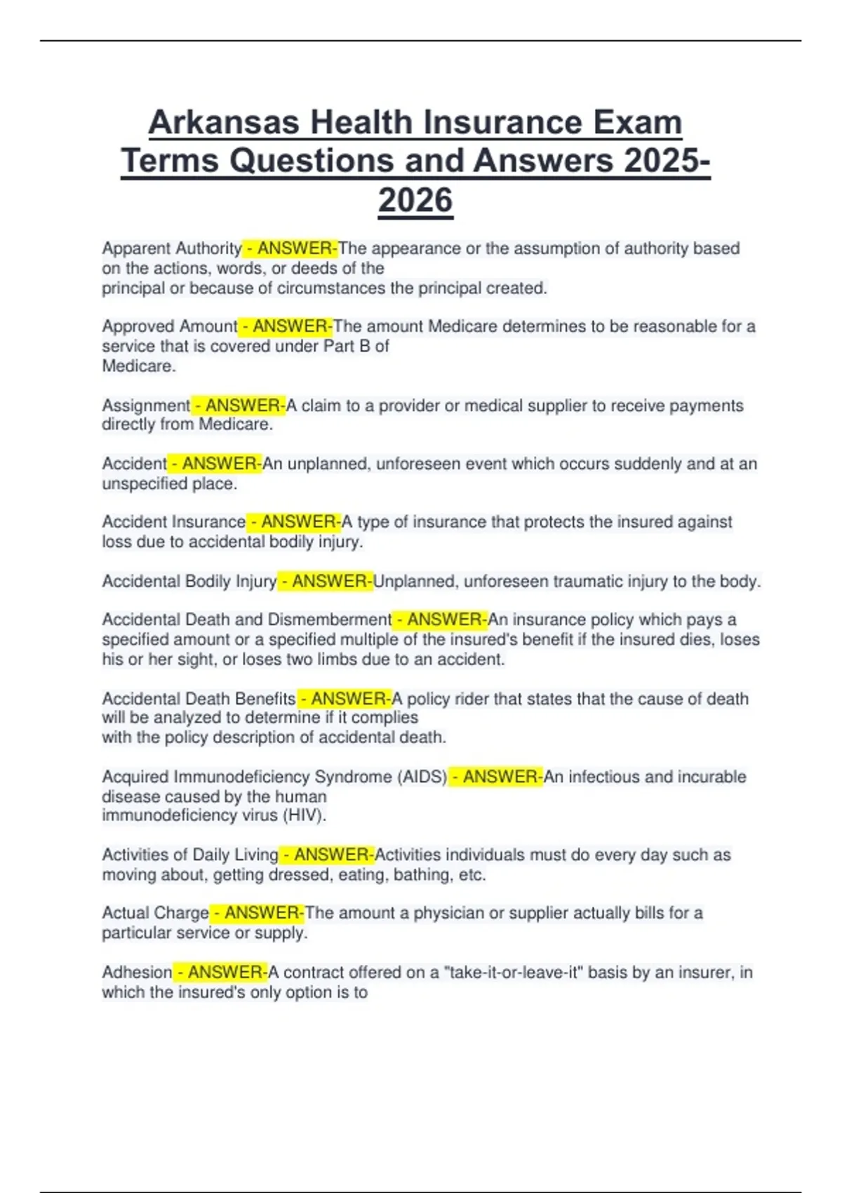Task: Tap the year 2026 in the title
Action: click(x=415, y=201)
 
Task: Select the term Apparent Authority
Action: click(x=172, y=248)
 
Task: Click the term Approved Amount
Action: click(x=170, y=326)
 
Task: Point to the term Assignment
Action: click(x=146, y=406)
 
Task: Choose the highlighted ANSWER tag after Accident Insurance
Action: click(x=294, y=522)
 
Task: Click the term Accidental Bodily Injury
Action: click(x=189, y=582)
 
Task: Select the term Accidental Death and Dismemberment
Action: click(x=246, y=620)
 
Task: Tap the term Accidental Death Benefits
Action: click(x=199, y=699)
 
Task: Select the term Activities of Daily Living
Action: click(x=190, y=855)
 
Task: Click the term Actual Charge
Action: click(x=155, y=913)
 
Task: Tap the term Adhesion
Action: click(x=137, y=973)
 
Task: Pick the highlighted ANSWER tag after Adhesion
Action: click(x=221, y=973)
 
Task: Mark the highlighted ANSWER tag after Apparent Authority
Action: click(x=290, y=248)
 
